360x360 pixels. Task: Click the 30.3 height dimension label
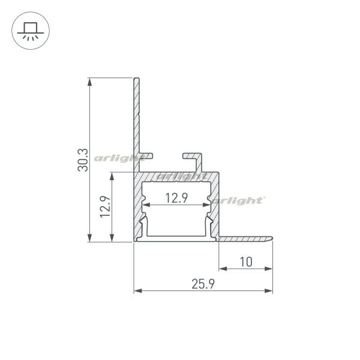pos(83,160)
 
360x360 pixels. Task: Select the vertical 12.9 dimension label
pos(106,207)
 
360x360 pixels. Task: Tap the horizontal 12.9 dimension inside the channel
pos(176,198)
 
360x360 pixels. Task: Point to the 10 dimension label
pos(246,262)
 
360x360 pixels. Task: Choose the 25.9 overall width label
pos(203,284)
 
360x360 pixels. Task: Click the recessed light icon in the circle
pos(31,31)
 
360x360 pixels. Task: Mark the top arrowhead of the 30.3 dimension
pos(89,82)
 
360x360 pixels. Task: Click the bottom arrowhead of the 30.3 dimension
pos(89,238)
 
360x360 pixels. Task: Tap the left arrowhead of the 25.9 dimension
pos(138,291)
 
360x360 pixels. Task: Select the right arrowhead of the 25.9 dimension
pos(268,291)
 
